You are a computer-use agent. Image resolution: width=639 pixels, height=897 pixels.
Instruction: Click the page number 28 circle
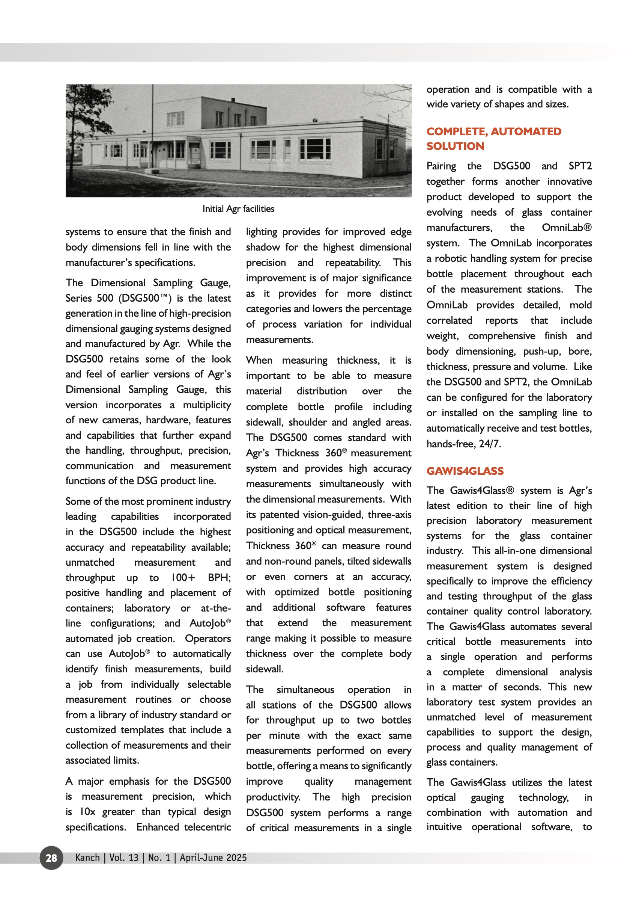(51, 858)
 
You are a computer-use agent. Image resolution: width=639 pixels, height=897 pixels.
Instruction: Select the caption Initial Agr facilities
(238, 209)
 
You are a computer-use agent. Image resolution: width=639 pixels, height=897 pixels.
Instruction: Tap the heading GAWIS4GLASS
(465, 471)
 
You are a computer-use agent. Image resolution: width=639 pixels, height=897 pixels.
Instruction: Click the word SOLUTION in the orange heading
(455, 146)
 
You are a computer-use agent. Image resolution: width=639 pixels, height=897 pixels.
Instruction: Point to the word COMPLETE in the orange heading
(456, 131)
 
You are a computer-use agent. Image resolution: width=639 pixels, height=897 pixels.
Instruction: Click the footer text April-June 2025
(213, 858)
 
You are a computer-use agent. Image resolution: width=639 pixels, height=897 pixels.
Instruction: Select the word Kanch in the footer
(87, 858)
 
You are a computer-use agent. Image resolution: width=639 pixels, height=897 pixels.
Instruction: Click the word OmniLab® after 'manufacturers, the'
(566, 228)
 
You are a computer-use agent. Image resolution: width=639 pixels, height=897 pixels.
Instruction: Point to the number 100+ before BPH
(183, 577)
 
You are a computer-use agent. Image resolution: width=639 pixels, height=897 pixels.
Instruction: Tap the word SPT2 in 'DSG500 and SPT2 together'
(580, 166)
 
